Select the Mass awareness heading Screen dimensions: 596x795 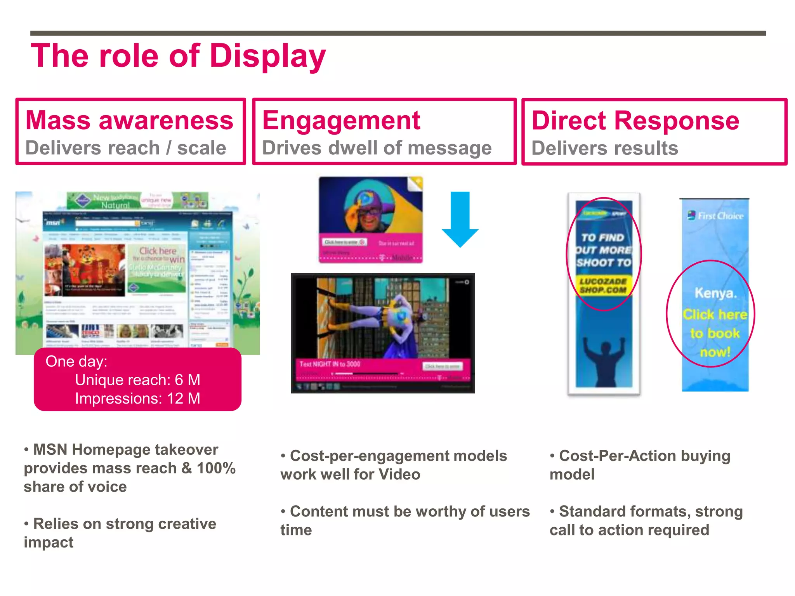tap(129, 120)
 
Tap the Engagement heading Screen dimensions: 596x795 tap(341, 120)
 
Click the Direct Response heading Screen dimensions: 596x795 tap(635, 120)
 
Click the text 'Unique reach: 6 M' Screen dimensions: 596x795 tap(137, 380)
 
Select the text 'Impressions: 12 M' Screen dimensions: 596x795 tap(137, 398)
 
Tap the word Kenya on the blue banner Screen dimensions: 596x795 tap(715, 293)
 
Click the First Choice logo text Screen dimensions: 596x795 tap(720, 216)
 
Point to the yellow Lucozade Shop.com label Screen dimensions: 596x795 tap(603, 286)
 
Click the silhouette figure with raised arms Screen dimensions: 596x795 tap(604, 359)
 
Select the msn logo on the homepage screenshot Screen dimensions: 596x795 tap(53, 223)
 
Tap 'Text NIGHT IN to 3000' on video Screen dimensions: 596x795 tap(330, 364)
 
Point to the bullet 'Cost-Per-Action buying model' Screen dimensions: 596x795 tap(640, 465)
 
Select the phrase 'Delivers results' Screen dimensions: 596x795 tap(604, 148)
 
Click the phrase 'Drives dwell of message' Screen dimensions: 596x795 tap(377, 148)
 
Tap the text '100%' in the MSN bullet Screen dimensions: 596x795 tap(216, 468)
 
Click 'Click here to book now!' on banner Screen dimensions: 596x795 tap(715, 333)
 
